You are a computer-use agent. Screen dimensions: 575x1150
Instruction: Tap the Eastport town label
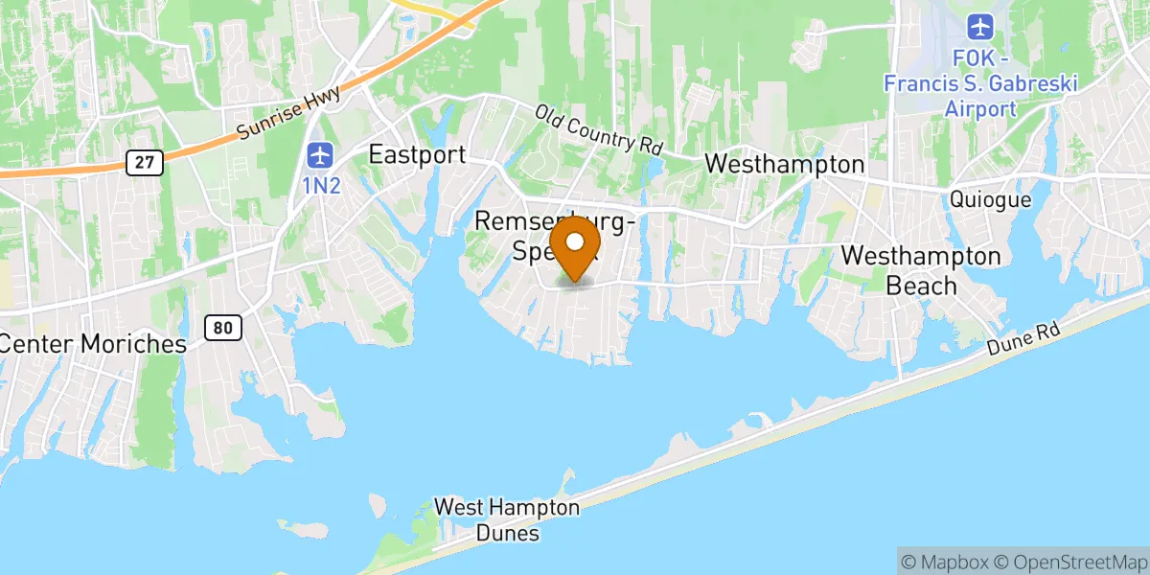pyautogui.click(x=418, y=155)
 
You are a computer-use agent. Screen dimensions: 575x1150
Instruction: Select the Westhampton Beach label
pyautogui.click(x=921, y=271)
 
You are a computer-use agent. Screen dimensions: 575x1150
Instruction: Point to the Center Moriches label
pyautogui.click(x=92, y=344)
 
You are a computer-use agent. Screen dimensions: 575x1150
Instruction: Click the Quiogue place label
pyautogui.click(x=991, y=199)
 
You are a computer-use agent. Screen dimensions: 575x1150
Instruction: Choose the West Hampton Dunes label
pyautogui.click(x=507, y=519)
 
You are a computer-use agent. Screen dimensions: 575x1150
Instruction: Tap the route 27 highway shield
pyautogui.click(x=145, y=163)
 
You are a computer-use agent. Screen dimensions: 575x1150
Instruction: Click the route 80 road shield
pyautogui.click(x=222, y=328)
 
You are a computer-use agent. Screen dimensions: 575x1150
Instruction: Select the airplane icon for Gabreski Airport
pyautogui.click(x=979, y=25)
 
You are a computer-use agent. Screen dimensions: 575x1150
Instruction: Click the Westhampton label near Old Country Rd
pyautogui.click(x=784, y=165)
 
